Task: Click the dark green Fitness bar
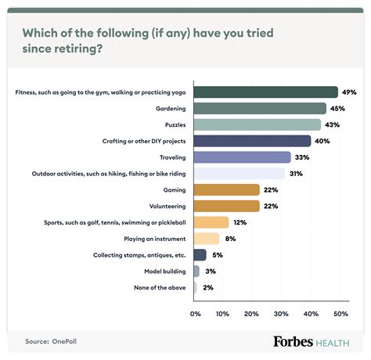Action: point(265,92)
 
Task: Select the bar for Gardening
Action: point(259,109)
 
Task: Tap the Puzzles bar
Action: point(257,124)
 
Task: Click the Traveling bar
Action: point(242,157)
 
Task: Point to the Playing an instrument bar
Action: point(206,239)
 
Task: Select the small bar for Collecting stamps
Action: point(200,254)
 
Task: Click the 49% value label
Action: point(350,92)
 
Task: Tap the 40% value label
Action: point(323,141)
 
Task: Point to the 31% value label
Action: point(297,174)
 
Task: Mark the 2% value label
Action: point(208,287)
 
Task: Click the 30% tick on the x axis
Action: point(281,313)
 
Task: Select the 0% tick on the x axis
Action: point(196,313)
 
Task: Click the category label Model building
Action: point(164,271)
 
